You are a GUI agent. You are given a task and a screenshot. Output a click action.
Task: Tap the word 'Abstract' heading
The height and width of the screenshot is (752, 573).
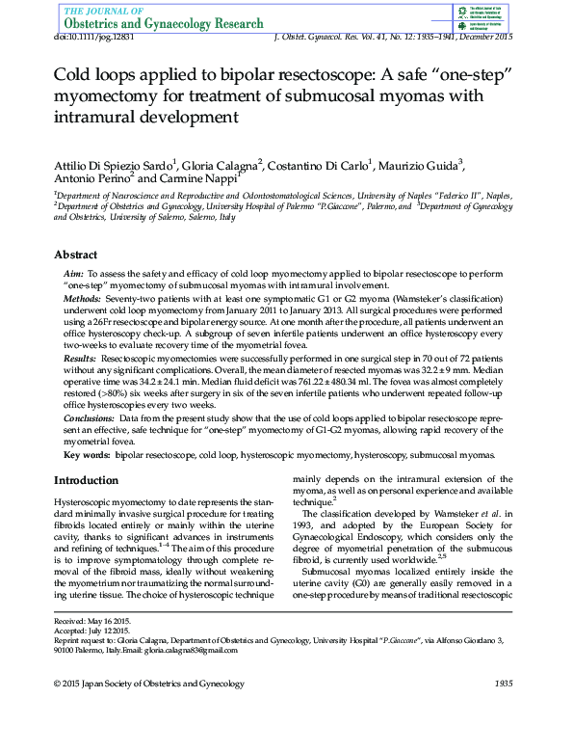coord(75,255)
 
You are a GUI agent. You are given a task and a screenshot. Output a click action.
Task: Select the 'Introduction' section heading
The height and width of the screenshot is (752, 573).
coord(86,480)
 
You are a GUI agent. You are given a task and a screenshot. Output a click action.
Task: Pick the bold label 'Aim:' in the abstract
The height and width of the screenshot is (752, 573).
coord(73,275)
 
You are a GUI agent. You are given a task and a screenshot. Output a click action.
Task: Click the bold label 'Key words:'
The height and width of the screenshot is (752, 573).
coord(87,452)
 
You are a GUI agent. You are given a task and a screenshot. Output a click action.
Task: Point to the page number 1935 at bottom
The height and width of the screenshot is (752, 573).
coord(503,683)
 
